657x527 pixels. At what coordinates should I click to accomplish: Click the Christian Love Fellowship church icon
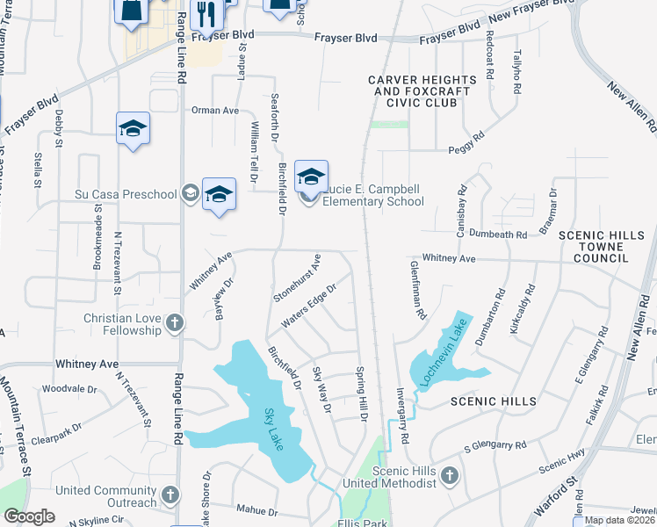point(174,322)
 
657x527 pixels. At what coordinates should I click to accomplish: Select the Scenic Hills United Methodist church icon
point(449,476)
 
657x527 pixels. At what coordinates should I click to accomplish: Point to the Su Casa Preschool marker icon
point(190,194)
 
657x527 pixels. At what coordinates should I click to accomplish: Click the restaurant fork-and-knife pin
point(207,13)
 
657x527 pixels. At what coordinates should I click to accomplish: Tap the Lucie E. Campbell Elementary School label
point(372,195)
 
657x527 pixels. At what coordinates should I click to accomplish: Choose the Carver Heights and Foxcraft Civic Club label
point(422,91)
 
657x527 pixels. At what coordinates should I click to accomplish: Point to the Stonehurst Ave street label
point(298,279)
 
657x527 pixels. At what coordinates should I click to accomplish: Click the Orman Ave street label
point(215,111)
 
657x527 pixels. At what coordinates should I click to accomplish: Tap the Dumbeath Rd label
point(497,235)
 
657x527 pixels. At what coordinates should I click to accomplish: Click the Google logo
point(29,516)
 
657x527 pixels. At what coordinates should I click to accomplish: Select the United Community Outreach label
point(105,496)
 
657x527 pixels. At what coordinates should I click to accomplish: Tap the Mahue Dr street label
point(256,510)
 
